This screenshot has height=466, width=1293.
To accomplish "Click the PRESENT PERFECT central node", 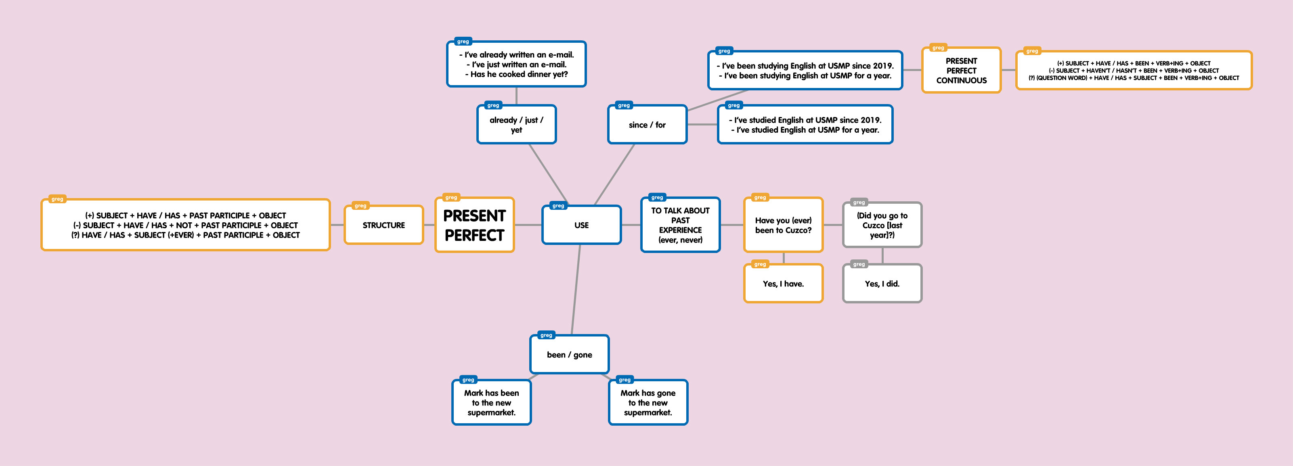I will (x=474, y=225).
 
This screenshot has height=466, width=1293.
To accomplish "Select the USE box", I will (x=581, y=225).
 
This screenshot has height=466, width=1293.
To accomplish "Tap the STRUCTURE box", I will (x=383, y=225).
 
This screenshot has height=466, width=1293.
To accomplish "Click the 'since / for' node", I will (x=647, y=125).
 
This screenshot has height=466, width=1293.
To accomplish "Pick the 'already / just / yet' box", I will (x=516, y=125).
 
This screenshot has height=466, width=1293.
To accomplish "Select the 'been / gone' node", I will (x=569, y=355).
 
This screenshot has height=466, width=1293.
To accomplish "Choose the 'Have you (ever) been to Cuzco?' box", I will (x=783, y=225).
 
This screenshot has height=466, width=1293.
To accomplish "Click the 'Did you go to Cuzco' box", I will (x=882, y=225).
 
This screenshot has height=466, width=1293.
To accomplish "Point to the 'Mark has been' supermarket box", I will (x=491, y=403).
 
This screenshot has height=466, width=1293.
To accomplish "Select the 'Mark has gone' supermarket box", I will (x=648, y=403).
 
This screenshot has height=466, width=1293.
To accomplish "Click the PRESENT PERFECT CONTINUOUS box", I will (x=961, y=71).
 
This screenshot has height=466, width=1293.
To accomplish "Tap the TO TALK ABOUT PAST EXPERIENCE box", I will (x=680, y=225).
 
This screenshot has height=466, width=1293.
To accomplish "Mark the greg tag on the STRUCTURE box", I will (x=360, y=206).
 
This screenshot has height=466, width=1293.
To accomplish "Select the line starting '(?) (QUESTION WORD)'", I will (x=1134, y=78).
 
